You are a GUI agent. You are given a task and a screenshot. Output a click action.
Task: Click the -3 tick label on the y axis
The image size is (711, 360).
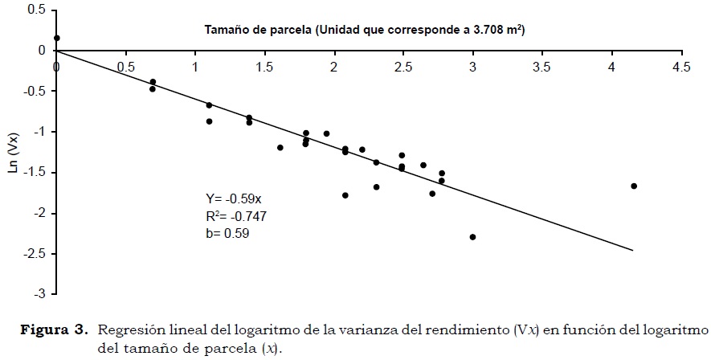pyautogui.click(x=38, y=294)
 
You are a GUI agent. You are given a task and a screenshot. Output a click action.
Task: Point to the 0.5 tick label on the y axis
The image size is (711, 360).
pyautogui.click(x=35, y=10)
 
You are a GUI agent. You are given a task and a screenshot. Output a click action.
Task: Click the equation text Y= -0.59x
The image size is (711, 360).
pyautogui.click(x=233, y=199)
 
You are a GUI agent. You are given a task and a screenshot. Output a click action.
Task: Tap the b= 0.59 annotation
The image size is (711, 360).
pyautogui.click(x=229, y=233)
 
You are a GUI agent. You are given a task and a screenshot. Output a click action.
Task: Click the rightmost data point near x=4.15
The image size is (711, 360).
pyautogui.click(x=634, y=186)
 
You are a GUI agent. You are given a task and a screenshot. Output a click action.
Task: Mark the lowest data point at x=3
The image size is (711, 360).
pyautogui.click(x=472, y=237)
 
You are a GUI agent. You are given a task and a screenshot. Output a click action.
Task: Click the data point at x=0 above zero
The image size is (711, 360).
pyautogui.click(x=56, y=38)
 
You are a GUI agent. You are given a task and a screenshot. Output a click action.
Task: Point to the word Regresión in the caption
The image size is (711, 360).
pyautogui.click(x=125, y=330)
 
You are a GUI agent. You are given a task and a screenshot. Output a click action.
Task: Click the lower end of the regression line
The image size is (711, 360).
pyautogui.click(x=633, y=251)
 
